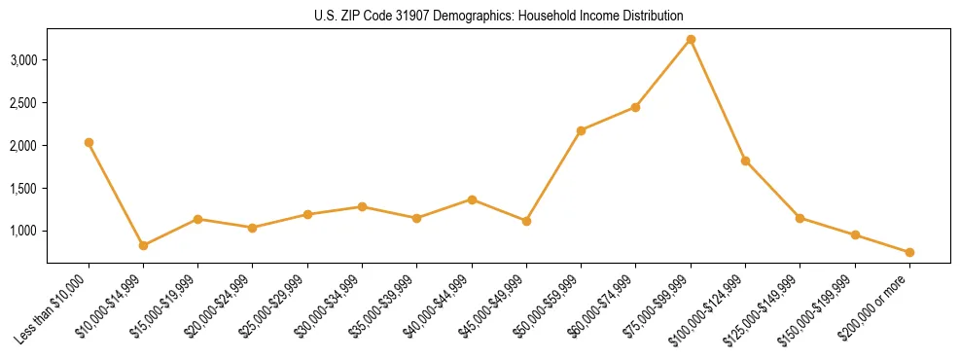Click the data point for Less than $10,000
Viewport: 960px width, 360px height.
pos(89,142)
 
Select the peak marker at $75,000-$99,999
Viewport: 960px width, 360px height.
pos(691,40)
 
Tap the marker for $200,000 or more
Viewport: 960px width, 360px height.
pos(909,252)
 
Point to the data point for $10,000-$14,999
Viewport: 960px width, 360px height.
pos(143,245)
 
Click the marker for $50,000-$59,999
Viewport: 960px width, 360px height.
pos(581,130)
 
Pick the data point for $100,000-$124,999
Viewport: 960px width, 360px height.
pos(745,161)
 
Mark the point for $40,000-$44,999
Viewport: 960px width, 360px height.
pos(472,199)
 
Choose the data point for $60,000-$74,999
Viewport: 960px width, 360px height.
pos(635,107)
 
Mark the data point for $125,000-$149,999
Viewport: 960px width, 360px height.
pos(800,218)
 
